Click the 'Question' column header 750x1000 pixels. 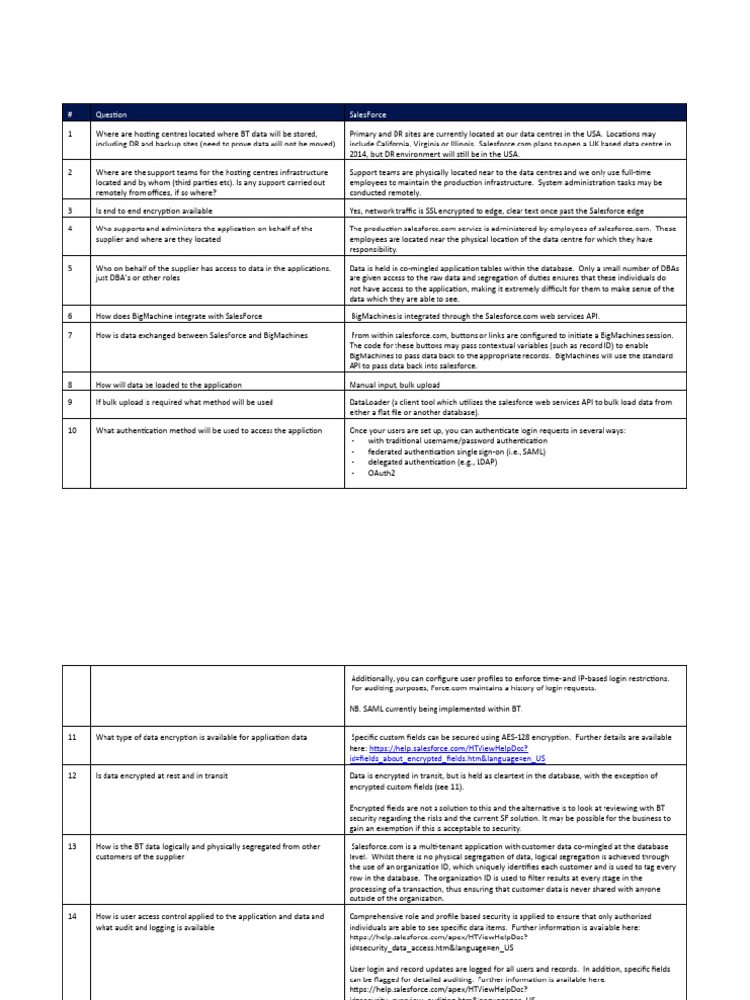point(111,114)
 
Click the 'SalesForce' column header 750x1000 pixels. point(370,114)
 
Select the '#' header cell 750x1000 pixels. point(70,114)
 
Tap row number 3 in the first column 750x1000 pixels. point(70,209)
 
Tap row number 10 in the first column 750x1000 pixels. point(72,430)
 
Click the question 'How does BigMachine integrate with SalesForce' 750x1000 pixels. point(178,316)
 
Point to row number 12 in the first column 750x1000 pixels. point(72,776)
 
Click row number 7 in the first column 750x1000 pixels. point(70,335)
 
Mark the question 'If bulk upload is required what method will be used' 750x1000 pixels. point(184,401)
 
